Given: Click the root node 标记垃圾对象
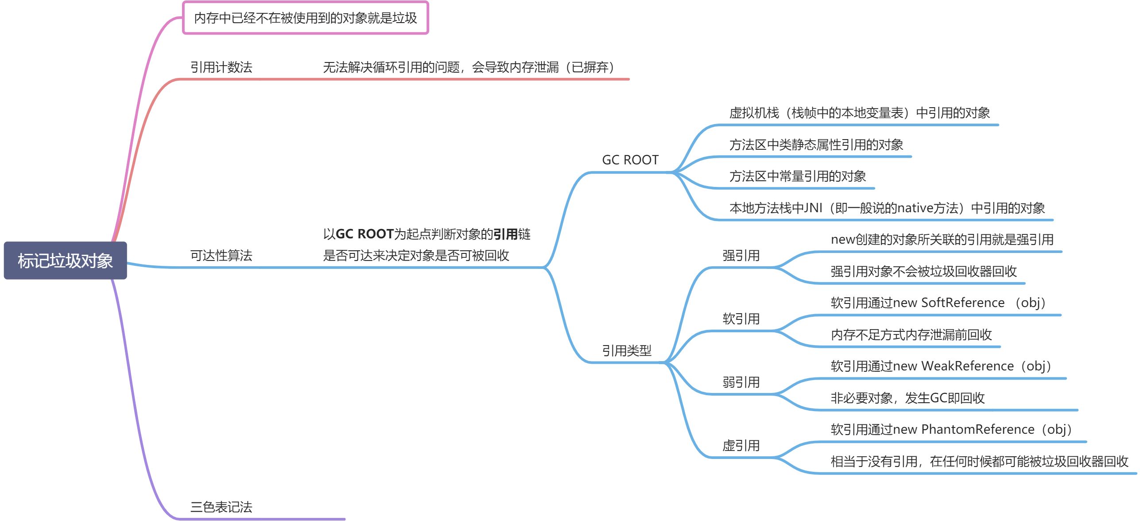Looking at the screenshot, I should [x=65, y=260].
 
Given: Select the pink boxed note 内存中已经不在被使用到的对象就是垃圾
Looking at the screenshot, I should [x=306, y=18].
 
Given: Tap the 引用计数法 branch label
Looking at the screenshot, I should [x=221, y=67].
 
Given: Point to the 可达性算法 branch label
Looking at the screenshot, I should [x=221, y=256].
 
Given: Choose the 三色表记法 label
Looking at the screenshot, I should [x=221, y=507].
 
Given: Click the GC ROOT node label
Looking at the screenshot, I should [x=630, y=160].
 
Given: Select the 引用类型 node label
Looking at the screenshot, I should [x=626, y=351].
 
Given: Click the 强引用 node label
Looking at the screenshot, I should [x=741, y=256].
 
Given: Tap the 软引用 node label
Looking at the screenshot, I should [x=741, y=319].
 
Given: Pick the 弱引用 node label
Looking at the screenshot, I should [x=741, y=382].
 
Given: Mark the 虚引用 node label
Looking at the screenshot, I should [x=741, y=446].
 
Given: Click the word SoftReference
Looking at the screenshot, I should [x=962, y=303].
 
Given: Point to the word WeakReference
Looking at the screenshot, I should [x=967, y=366].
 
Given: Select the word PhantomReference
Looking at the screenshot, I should [x=977, y=429].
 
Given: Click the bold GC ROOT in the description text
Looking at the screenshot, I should [x=364, y=234].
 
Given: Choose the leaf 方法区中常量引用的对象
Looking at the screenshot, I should [x=798, y=176].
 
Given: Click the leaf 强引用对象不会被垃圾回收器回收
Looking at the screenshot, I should [x=923, y=271].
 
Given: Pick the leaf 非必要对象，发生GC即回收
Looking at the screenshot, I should [x=907, y=398].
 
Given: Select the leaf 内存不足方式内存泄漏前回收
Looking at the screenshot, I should [x=911, y=334].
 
